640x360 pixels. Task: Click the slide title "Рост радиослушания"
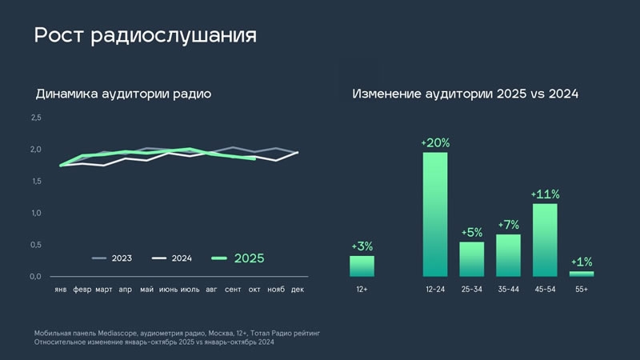click(145, 36)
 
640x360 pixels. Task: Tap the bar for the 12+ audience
click(362, 266)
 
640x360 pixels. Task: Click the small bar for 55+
click(582, 274)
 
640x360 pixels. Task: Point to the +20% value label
click(435, 143)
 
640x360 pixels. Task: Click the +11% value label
click(545, 194)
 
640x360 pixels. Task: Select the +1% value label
click(582, 262)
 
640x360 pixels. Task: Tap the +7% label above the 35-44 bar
click(509, 225)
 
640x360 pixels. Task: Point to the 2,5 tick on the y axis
click(36, 118)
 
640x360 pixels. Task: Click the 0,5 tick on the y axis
click(36, 245)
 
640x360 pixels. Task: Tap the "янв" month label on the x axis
click(60, 289)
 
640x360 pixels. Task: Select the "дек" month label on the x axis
click(297, 289)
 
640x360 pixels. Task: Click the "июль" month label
click(190, 289)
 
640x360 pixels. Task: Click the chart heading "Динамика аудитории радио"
click(123, 94)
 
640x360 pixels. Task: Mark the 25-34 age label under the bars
click(472, 289)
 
